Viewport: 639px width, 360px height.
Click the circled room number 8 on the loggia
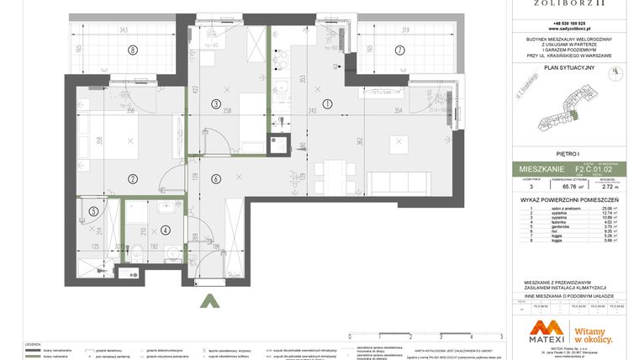pos(132,50)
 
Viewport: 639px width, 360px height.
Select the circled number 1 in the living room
pos(327,103)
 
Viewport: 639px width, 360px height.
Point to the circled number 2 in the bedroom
pos(132,177)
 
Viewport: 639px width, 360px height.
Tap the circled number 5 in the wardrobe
pos(93,211)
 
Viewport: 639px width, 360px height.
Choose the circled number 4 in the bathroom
pos(166,229)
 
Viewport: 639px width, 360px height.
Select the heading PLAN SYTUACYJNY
pos(569,66)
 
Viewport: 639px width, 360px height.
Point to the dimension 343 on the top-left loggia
pos(124,30)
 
